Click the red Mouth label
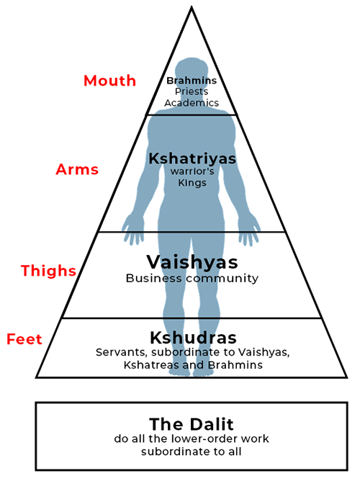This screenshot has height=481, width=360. tap(109, 81)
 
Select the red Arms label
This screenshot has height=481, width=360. tap(77, 169)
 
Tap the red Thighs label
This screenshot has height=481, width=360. tap(48, 271)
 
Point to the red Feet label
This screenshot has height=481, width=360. tap(24, 339)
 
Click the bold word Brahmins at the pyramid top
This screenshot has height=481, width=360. tap(192, 81)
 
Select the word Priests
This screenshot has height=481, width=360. tap(192, 91)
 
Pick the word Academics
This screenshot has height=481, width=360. tap(192, 103)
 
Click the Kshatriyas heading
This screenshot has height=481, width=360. tap(192, 159)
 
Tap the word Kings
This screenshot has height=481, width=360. tap(192, 183)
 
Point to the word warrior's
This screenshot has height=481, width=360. tap(192, 171)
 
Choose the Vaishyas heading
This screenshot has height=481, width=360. tap(192, 262)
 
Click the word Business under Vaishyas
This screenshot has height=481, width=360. tap(153, 278)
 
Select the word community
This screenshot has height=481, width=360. tap(222, 279)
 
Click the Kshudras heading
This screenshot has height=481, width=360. tap(193, 338)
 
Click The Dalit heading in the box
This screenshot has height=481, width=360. tap(192, 425)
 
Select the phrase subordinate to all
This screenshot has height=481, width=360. tap(192, 451)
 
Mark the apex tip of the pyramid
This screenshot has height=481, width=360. tap(192, 6)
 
